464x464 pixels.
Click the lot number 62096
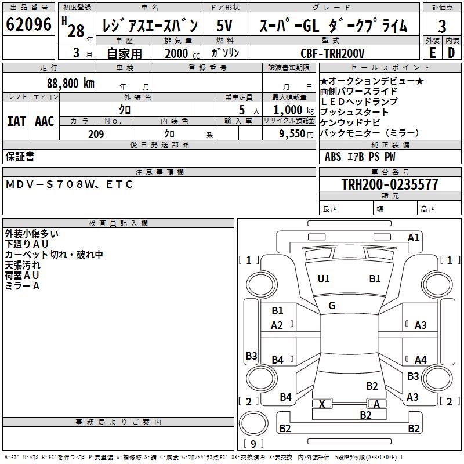click(29, 25)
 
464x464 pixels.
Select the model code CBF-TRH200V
click(333, 53)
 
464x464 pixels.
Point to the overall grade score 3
click(442, 26)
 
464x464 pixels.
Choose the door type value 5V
click(226, 26)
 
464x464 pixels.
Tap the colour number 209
click(96, 134)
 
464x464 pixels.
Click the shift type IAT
click(16, 121)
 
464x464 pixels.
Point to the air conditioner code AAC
click(45, 121)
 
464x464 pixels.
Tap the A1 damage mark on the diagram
click(414, 237)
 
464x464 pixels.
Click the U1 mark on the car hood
click(324, 279)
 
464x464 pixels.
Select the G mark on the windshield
click(331, 306)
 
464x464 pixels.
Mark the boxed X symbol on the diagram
click(322, 404)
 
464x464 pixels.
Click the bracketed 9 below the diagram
click(253, 444)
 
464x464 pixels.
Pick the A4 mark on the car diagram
click(420, 360)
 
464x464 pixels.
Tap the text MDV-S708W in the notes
click(46, 184)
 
